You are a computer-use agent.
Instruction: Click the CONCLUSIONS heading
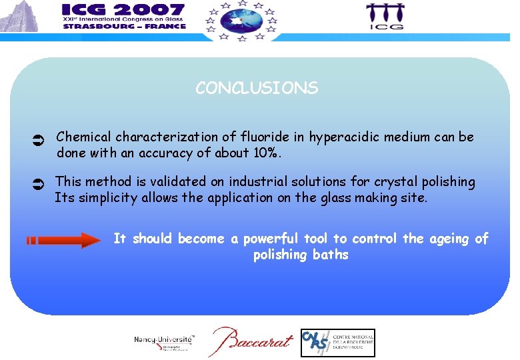click(257, 88)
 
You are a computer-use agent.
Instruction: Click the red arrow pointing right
click(63, 240)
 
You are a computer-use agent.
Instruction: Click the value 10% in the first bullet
click(267, 153)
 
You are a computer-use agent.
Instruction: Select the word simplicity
click(106, 197)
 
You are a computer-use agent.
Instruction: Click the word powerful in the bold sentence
click(271, 239)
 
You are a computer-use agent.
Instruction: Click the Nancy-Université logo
click(164, 342)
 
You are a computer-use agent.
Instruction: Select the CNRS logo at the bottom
click(337, 343)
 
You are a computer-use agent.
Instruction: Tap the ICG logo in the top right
click(385, 17)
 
